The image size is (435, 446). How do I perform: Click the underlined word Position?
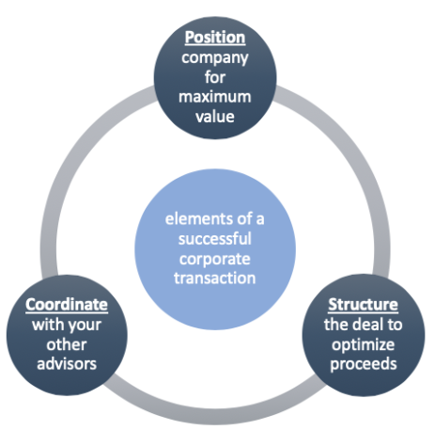pos(215,38)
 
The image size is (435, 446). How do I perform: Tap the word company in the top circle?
pos(215,58)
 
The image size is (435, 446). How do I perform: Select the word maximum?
pos(215,97)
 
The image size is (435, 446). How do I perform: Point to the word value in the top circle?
pos(215,117)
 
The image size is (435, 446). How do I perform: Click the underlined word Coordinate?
pos(67,305)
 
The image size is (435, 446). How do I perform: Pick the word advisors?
pos(67,364)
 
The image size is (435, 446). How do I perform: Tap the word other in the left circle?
pos(67,344)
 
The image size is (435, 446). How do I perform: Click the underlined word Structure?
pos(363,305)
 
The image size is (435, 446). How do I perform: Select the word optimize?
pos(364,345)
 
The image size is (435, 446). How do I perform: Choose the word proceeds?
pos(364,365)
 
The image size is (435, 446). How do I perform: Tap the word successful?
pos(215,239)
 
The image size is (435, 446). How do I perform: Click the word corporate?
pos(215,260)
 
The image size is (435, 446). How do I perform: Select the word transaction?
pos(215,279)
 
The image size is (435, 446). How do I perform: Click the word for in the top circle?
pos(215,77)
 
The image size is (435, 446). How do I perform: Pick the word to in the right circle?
pos(395,325)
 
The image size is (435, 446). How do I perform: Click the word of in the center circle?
pos(244,219)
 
